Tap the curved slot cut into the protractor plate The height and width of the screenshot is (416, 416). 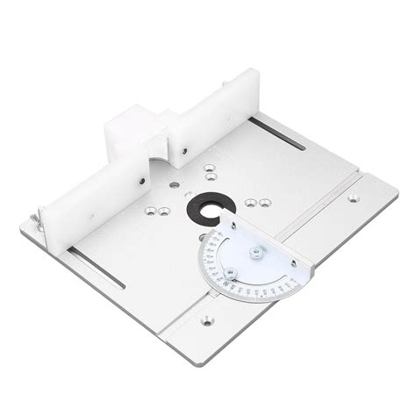click(230, 276)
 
